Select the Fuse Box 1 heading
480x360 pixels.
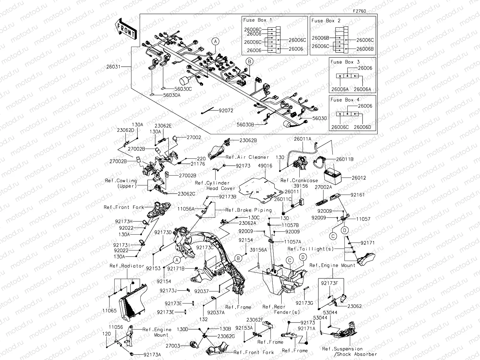(257, 20)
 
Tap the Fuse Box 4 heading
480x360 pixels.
(345, 100)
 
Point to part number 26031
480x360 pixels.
(113, 66)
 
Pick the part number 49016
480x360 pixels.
(265, 166)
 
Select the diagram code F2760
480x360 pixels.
(359, 11)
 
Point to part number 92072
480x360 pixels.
(226, 111)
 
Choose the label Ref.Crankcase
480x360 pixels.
(299, 180)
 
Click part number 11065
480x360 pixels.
(109, 311)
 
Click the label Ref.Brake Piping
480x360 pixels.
(248, 210)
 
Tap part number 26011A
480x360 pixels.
(303, 139)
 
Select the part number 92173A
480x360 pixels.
(152, 355)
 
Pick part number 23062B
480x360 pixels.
(248, 140)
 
